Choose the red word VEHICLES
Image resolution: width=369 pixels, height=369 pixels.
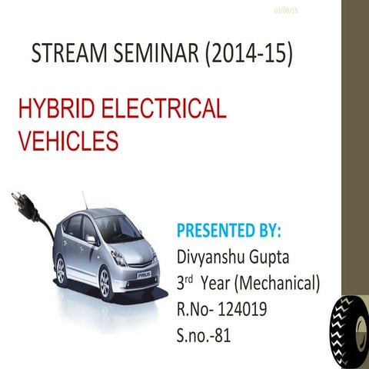pyautogui.click(x=68, y=141)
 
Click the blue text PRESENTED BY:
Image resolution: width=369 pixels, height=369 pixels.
pyautogui.click(x=229, y=231)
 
